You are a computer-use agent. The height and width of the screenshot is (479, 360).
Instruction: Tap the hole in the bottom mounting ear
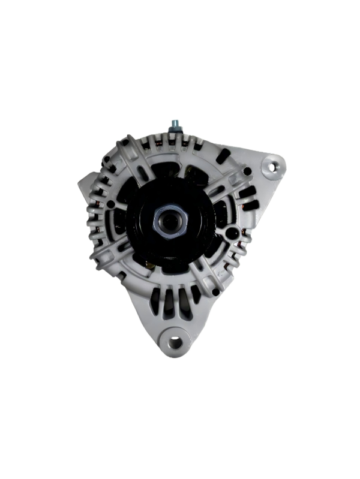(175, 342)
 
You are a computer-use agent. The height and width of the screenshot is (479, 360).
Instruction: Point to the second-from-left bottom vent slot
(168, 303)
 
